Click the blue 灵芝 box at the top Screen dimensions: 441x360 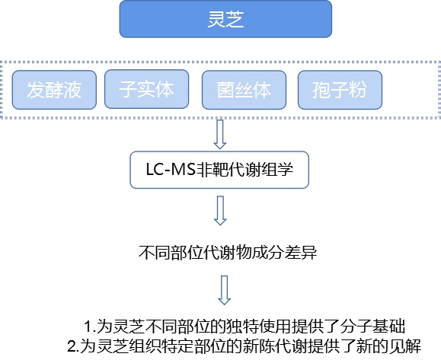point(225,19)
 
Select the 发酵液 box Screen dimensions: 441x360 point(54,90)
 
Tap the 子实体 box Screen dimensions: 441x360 point(146,89)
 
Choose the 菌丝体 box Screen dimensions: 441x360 point(244,90)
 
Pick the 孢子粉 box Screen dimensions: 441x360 point(340,90)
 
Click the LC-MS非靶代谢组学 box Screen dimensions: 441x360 point(219,170)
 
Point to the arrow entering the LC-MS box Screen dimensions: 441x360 point(220,134)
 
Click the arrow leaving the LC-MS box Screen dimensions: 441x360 point(220,211)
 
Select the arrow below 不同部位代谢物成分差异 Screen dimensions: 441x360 point(225,290)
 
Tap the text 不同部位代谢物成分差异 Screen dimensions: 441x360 point(228,252)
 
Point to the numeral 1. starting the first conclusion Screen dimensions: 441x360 point(91,327)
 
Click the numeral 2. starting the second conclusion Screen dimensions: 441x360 point(74,346)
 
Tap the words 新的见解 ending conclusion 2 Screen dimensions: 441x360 point(389,346)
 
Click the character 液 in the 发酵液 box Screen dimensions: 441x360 point(72,90)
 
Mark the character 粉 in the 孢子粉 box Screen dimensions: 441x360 point(358,90)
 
